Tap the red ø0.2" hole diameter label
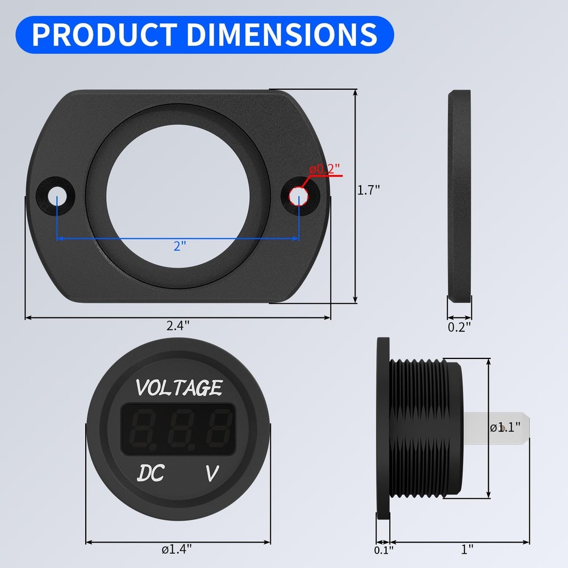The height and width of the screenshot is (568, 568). (324, 169)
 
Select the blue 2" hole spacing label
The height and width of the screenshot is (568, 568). (179, 246)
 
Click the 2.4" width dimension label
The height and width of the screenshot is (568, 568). (178, 325)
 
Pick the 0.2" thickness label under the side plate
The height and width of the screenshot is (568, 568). (460, 327)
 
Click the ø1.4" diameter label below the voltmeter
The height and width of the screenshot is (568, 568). (177, 549)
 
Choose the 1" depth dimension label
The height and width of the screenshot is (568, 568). (467, 549)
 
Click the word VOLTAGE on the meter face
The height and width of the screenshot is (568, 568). (178, 388)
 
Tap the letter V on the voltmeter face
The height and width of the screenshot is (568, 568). (211, 473)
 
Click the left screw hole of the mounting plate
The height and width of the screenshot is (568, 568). (57, 197)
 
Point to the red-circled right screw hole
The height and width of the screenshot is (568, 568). (298, 196)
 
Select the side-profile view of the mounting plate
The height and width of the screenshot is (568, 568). (460, 196)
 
